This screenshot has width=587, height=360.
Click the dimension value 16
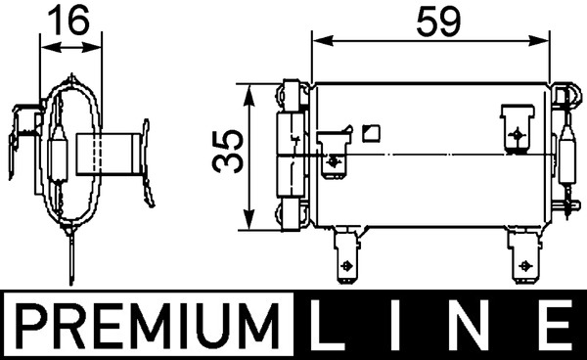pos(69,19)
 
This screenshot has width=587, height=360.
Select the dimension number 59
pos(429,19)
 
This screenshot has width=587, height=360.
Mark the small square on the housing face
pos(369,132)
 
